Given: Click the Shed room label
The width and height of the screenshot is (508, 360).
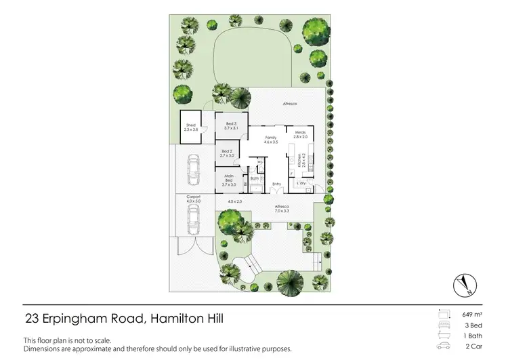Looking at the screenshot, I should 192,126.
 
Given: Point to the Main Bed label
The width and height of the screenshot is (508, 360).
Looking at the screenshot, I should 228,180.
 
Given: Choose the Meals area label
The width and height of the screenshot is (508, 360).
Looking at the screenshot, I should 301,134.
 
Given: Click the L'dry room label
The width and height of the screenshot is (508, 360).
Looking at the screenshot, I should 302,183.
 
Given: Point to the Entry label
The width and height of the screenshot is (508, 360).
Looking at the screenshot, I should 276,184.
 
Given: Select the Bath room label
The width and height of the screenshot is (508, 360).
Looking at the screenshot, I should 255,180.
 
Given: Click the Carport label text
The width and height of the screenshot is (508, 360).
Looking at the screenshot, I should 194,198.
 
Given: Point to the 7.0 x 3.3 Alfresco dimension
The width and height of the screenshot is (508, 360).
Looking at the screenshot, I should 282,212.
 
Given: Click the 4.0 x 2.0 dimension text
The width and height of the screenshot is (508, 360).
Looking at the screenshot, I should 235,202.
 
